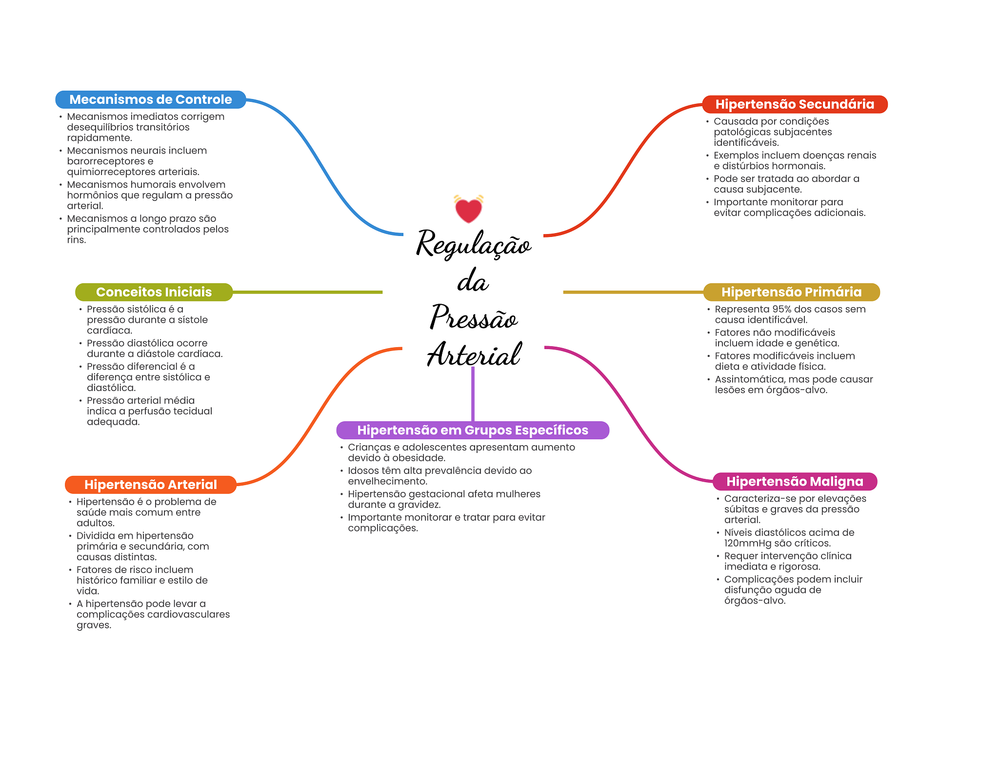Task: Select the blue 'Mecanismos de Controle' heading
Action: click(x=150, y=99)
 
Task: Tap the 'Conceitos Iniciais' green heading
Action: click(x=154, y=292)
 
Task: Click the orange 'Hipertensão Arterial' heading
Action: click(x=150, y=485)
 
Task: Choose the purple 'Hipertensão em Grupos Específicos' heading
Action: click(x=472, y=430)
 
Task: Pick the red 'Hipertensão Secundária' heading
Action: click(x=794, y=104)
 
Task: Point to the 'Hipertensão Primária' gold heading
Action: click(x=791, y=292)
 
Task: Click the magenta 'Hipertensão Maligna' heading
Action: click(x=794, y=482)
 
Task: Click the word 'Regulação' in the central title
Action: click(x=473, y=244)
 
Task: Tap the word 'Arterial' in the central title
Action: click(x=474, y=354)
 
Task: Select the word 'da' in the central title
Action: click(x=473, y=281)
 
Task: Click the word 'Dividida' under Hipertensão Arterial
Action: click(x=95, y=536)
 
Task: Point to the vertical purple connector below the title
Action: click(x=473, y=394)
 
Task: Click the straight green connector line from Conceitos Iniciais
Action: click(x=307, y=292)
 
